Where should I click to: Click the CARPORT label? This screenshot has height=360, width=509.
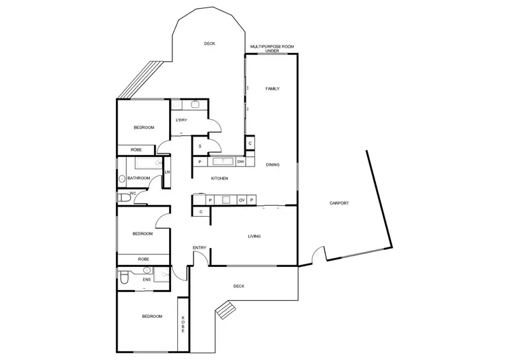tap(339, 203)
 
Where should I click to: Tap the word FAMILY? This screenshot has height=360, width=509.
tap(272, 89)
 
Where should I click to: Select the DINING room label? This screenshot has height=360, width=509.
tap(272, 164)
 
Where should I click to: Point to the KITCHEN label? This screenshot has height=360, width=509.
tap(219, 179)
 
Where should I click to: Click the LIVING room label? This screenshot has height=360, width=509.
tap(254, 236)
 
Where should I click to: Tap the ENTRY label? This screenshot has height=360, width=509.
tap(200, 247)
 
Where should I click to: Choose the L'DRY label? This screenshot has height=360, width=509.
tap(181, 120)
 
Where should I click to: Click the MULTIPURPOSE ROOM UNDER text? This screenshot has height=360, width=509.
tap(272, 48)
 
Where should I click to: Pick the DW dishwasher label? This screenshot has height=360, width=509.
tap(240, 162)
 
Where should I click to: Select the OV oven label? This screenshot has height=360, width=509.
tap(242, 200)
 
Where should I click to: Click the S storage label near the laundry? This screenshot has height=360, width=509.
tap(200, 146)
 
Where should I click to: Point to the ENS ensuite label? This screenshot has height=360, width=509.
tap(146, 279)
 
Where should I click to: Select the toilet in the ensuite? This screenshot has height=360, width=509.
tap(124, 279)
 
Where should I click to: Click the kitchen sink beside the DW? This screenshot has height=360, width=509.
tap(221, 162)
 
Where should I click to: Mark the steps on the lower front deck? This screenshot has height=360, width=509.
tap(225, 311)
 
